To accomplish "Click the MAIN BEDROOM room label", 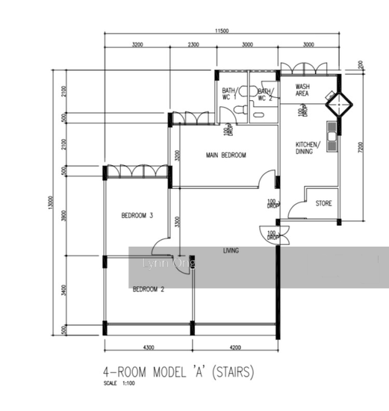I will [226, 155].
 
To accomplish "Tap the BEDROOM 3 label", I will [137, 216].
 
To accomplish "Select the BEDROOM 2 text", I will [148, 288].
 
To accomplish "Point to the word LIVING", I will [231, 251].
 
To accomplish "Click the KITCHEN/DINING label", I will [308, 147].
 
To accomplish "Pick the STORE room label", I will [323, 203].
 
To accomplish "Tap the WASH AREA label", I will [302, 90].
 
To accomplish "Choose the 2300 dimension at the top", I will [193, 46].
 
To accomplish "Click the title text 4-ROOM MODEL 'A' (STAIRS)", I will [179, 372].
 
